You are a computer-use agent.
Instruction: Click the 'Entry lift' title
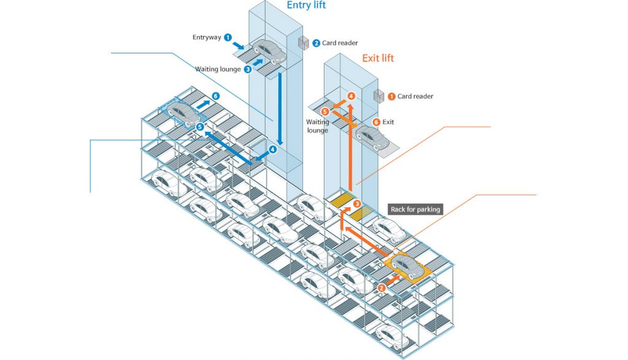coord(306,6)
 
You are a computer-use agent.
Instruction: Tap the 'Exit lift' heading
coord(378,58)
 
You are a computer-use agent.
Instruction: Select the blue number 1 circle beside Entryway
coord(228,37)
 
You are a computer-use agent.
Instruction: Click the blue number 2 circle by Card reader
coord(316,43)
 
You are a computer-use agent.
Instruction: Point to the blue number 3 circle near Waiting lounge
coord(248,69)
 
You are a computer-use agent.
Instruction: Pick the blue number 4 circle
coord(272,148)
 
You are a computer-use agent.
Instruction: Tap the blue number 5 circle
coord(200,126)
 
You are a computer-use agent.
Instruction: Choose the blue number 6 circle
coord(215,96)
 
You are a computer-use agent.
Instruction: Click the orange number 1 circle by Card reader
coord(391,96)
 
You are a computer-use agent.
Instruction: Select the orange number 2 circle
coord(381,287)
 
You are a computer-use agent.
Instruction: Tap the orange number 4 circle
coord(351,96)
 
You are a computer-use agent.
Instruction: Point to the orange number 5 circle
coord(325,112)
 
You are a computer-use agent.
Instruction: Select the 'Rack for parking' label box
coord(415,210)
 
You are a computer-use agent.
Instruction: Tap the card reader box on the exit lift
coord(379,96)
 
